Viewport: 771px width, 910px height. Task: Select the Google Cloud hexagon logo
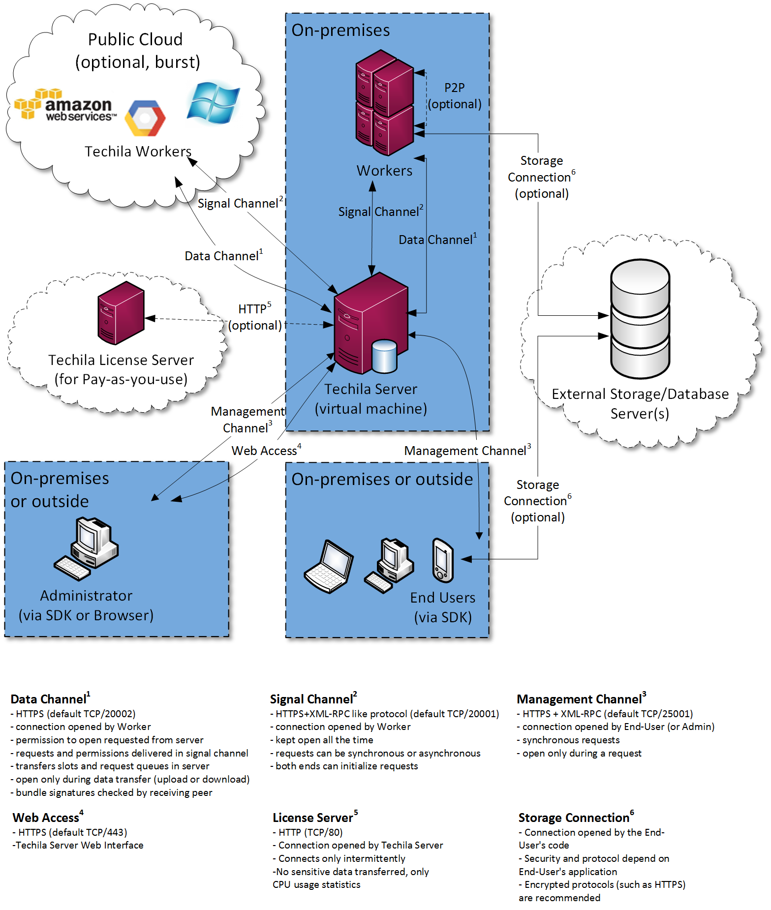[145, 118]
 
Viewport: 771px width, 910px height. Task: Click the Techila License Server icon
[121, 313]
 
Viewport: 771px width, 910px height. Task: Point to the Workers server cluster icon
[385, 103]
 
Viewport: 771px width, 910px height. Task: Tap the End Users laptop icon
[329, 567]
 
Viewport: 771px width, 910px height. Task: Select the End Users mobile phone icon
[443, 561]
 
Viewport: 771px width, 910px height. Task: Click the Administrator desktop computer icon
[87, 548]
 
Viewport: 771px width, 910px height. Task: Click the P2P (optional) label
[454, 96]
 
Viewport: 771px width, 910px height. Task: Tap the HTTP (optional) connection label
[255, 317]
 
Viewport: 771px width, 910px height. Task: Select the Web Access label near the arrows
[266, 451]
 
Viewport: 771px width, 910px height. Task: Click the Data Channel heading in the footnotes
[50, 699]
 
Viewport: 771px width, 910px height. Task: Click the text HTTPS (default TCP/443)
[72, 832]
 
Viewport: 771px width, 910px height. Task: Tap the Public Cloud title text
[135, 39]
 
